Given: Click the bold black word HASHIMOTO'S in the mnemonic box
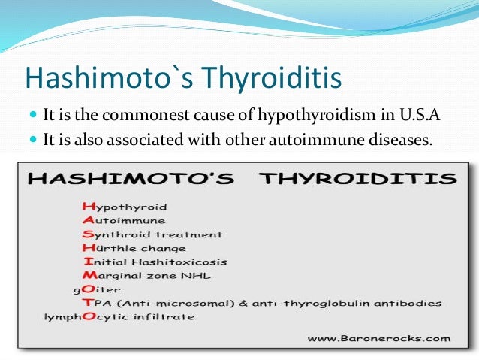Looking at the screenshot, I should tap(128, 180).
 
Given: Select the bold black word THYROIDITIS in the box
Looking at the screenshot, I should tap(353, 180).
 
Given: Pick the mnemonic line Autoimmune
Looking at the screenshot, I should tap(124, 220).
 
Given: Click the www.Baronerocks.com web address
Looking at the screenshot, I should tap(379, 338).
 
